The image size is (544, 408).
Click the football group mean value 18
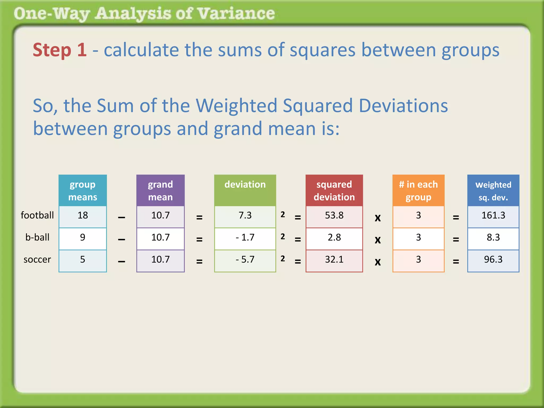pos(83,215)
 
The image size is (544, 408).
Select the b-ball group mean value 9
pos(83,237)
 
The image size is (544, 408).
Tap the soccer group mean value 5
pos(83,260)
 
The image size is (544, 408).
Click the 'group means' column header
pos(83,191)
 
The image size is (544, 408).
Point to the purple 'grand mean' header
pos(160,191)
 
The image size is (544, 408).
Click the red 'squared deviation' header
pos(334,191)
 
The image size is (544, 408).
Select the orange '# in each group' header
pos(418,191)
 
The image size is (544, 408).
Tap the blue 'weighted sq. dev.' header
pos(493,191)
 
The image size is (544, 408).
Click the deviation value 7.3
pos(245,215)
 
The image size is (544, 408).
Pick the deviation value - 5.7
pos(245,260)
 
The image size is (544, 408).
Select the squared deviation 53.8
pos(334,215)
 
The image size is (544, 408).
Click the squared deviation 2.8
pos(334,237)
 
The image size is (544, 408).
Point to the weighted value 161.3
pos(493,215)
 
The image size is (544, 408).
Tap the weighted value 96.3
pos(493,260)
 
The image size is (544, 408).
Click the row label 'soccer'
pos(37,260)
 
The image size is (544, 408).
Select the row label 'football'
pos(37,215)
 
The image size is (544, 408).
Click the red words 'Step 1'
pos(60,50)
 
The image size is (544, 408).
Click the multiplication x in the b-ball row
pos(378,240)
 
